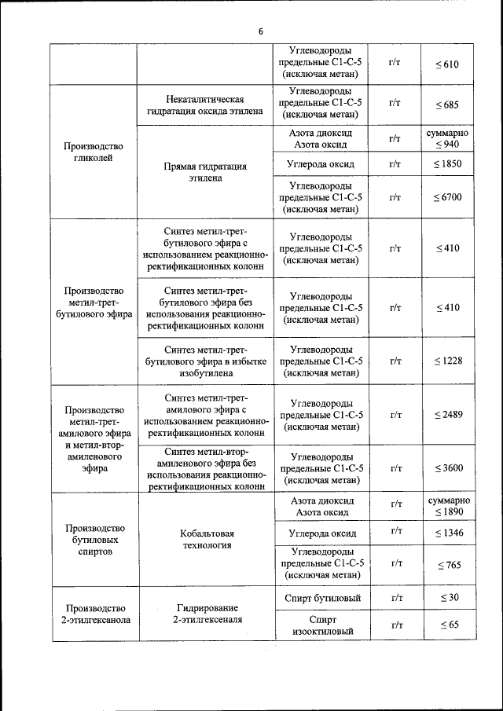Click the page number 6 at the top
click(260, 31)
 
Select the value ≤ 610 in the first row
click(447, 64)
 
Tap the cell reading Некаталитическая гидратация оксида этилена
click(205, 105)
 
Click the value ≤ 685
click(447, 104)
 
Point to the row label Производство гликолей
click(94, 152)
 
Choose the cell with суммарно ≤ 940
click(447, 138)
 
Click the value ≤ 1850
click(447, 164)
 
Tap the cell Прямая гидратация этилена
click(205, 172)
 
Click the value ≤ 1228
click(447, 361)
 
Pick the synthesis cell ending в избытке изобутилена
click(205, 361)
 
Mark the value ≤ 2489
click(447, 414)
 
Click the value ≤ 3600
click(447, 468)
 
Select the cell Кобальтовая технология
click(205, 539)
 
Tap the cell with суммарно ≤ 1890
click(447, 506)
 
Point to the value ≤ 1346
click(447, 533)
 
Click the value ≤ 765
click(447, 565)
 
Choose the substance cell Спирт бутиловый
click(321, 599)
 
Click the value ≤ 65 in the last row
click(447, 625)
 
